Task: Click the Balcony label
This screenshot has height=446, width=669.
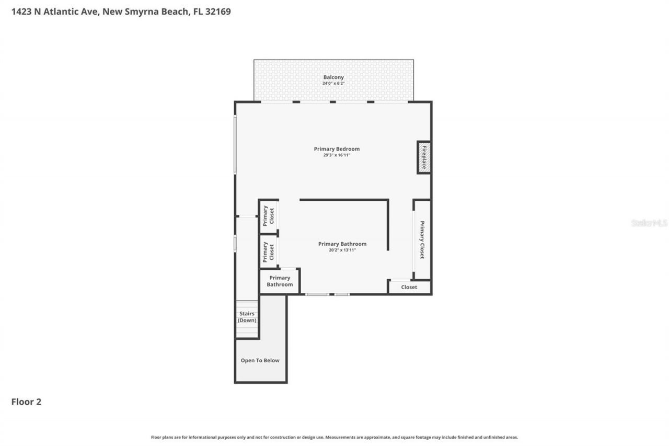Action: point(333,77)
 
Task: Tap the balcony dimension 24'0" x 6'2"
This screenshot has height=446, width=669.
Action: point(333,84)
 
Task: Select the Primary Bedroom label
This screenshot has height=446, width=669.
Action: point(337,149)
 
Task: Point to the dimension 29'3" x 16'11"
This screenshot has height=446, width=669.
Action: point(337,155)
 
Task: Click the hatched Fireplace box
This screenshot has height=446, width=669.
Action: point(424,157)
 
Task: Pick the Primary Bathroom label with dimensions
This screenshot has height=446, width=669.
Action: point(342,244)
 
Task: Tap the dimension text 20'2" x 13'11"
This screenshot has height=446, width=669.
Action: point(342,250)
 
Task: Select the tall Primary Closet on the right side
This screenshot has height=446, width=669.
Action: point(422,239)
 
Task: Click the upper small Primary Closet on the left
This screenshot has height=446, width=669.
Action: point(268,215)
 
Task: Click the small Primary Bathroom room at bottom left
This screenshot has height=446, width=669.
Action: point(280,281)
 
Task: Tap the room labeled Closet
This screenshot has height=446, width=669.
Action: point(409,287)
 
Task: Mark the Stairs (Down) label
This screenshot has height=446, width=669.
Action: point(247,317)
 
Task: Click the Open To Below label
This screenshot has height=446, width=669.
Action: point(260,360)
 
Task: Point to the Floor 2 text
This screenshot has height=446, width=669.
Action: point(26,402)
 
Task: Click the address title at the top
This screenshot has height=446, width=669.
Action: point(121,11)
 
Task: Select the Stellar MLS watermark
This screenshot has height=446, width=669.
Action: point(649,223)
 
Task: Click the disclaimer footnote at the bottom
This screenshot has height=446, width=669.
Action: point(334,437)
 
